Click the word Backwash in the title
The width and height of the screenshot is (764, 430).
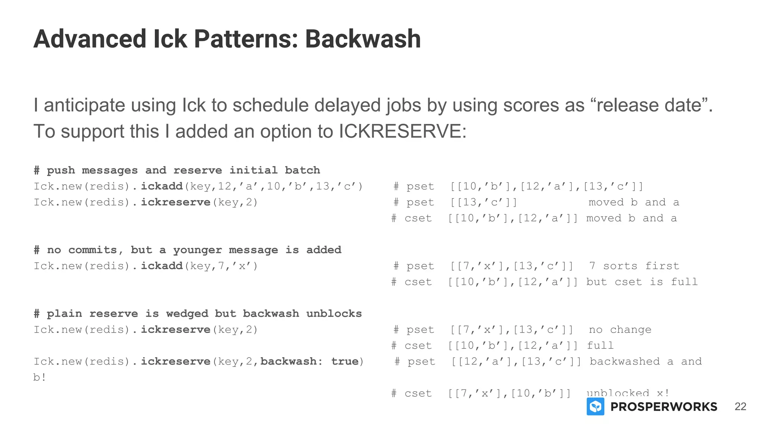pos(363,39)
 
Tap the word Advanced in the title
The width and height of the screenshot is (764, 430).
pos(90,39)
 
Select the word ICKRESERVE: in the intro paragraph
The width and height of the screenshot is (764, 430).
pos(403,131)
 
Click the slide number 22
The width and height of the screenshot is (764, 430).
pos(740,406)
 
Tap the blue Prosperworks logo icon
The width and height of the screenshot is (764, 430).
pos(595,406)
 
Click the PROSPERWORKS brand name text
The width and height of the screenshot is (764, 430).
pos(664,407)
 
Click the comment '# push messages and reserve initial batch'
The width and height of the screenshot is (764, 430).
pos(177,170)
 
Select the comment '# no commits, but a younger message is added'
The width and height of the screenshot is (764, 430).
pos(187,250)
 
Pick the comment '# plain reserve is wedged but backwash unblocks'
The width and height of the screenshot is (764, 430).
pos(198,314)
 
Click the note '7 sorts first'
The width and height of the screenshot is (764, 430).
pos(634,266)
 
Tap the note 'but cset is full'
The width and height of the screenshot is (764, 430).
pos(642,282)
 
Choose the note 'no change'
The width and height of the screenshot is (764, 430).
pos(620,330)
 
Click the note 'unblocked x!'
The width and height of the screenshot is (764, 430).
pos(628,393)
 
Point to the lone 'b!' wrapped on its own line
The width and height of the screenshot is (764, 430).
pos(40,377)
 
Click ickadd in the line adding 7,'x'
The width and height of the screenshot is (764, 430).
pos(162,266)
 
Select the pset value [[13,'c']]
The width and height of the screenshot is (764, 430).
pos(483,202)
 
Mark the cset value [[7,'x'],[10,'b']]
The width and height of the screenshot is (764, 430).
pos(509,393)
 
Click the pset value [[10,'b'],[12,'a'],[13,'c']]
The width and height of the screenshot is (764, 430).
pos(547,186)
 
